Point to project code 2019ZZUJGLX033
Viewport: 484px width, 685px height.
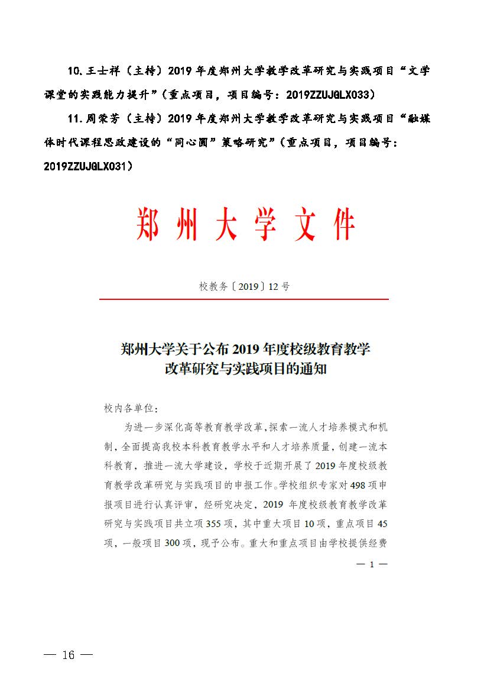pyautogui.click(x=327, y=95)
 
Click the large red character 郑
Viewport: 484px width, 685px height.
pyautogui.click(x=148, y=224)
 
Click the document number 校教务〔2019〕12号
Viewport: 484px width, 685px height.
pyautogui.click(x=244, y=287)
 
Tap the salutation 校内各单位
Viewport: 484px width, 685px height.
pyautogui.click(x=128, y=409)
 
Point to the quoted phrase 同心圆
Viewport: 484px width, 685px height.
pyautogui.click(x=190, y=143)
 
